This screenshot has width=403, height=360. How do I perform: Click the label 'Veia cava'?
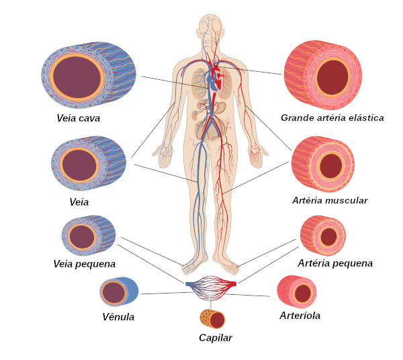[79, 118]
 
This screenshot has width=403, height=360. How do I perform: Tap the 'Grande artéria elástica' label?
[332, 118]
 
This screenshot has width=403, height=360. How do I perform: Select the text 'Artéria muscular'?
[330, 200]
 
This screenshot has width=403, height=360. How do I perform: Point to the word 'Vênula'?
[118, 317]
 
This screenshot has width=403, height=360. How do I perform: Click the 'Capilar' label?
[216, 338]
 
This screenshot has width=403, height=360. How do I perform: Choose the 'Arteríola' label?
[300, 316]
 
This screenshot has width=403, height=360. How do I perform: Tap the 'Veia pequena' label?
[85, 264]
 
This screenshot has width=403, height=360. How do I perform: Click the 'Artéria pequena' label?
[335, 263]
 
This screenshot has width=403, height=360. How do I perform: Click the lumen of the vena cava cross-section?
[77, 77]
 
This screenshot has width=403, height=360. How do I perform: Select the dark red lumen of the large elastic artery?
[332, 77]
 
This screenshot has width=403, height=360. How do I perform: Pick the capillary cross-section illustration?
[212, 319]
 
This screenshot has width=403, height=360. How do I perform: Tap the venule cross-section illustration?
[119, 291]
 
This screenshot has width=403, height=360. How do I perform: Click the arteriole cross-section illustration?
[297, 291]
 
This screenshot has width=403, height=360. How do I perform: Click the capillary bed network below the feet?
[211, 287]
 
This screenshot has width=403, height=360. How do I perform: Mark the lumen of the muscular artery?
[331, 166]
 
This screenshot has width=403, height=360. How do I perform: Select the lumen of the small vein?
[82, 237]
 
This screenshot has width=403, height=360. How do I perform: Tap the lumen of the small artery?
[328, 237]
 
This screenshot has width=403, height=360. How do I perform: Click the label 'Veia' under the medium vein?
[79, 202]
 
